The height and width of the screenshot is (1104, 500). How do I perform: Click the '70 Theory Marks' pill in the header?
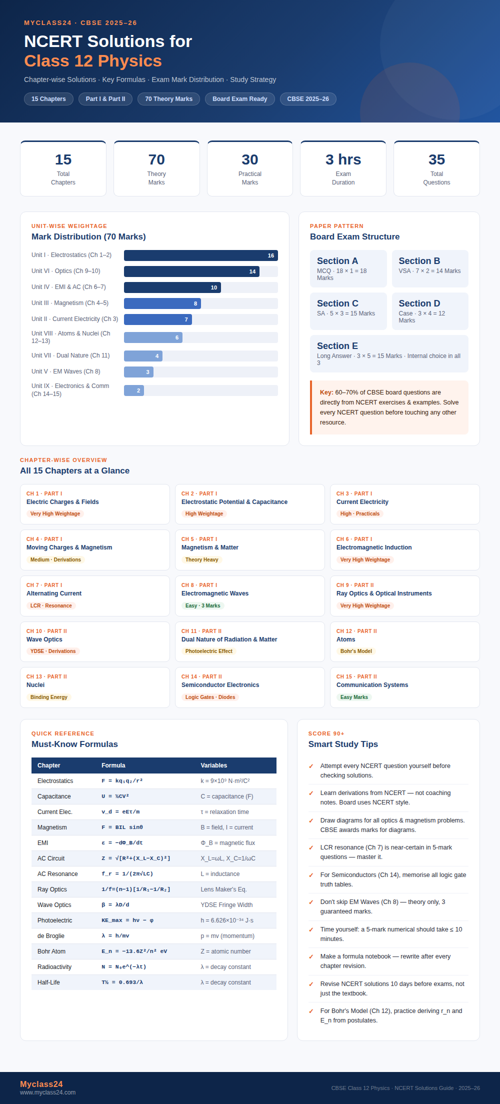168,99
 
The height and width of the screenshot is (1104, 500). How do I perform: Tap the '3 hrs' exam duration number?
343,159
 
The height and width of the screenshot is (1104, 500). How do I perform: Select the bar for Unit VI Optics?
191,271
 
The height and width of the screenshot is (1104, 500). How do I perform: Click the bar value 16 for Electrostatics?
271,255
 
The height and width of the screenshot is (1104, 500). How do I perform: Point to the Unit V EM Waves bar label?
66,371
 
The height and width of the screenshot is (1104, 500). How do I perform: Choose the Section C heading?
337,303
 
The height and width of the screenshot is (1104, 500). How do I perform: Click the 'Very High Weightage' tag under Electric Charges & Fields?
55,513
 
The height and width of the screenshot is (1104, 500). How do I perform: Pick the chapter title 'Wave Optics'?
44,639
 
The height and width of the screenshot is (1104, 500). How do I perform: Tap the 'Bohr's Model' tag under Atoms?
356,651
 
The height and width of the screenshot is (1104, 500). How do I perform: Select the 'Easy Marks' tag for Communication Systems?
354,697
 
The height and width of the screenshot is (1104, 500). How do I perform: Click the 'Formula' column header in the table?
113,765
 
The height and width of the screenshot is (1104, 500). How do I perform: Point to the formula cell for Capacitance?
115,796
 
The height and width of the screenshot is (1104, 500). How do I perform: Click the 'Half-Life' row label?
48,982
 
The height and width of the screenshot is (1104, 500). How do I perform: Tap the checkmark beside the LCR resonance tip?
311,847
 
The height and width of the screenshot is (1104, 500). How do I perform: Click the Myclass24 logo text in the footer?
41,1084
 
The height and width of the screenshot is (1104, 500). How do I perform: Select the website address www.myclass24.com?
47,1092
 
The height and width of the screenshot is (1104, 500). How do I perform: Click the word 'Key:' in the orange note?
326,392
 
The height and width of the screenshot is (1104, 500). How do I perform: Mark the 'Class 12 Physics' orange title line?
93,61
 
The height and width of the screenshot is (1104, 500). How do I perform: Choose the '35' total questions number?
436,159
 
